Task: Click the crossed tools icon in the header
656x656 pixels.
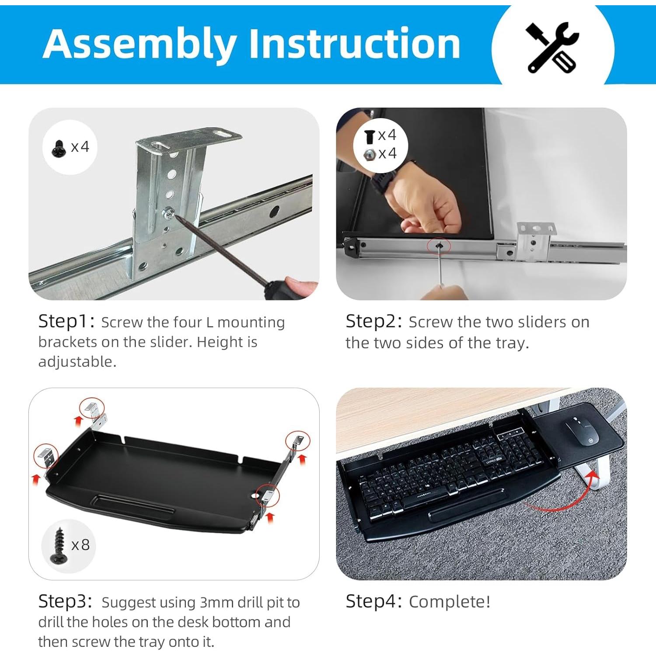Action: [x=553, y=47]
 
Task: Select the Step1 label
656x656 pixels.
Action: [x=66, y=321]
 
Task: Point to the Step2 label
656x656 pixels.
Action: [x=374, y=321]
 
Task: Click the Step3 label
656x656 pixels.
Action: [x=65, y=602]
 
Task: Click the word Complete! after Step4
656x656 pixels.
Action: [x=450, y=602]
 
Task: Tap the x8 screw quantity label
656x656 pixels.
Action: [x=80, y=545]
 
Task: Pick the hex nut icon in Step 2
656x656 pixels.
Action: [x=370, y=154]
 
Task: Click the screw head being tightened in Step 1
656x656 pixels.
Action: [x=168, y=213]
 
